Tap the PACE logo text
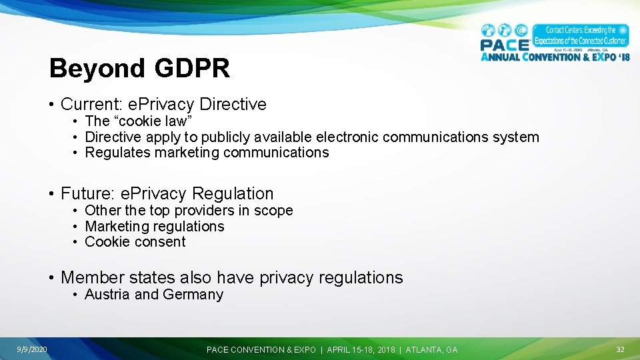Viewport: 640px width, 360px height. [505, 45]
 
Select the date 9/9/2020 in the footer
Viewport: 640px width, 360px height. [32, 349]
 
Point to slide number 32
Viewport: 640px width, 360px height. [620, 349]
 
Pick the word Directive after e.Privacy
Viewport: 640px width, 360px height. [233, 105]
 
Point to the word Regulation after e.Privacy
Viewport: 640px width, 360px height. [233, 194]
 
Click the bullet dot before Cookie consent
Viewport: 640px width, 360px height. [77, 243]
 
